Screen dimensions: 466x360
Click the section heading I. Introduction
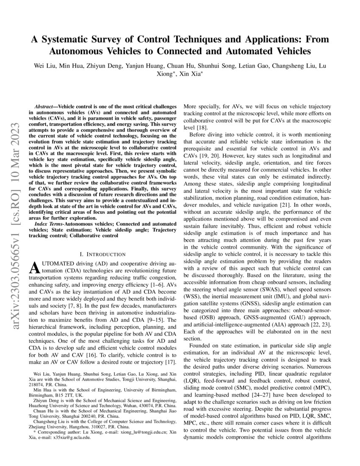102,254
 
